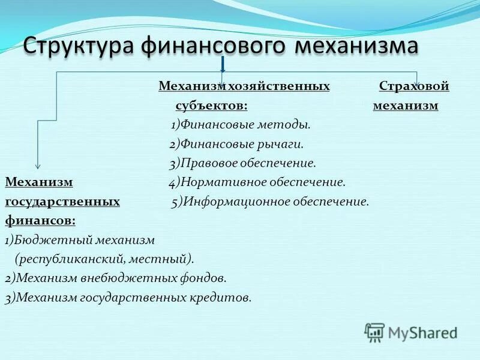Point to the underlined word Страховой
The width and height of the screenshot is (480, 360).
(414, 86)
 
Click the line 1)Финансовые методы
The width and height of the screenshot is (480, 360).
(240, 125)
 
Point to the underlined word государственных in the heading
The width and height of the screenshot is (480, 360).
(62, 201)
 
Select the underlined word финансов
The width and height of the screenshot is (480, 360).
(40, 220)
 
